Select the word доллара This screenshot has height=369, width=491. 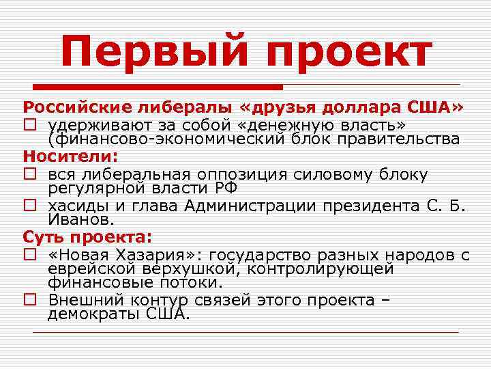pyautogui.click(x=365, y=107)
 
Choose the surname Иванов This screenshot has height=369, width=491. pyautogui.click(x=79, y=220)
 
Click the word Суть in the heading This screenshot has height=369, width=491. pyautogui.click(x=45, y=237)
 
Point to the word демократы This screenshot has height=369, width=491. pyautogui.click(x=95, y=314)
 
